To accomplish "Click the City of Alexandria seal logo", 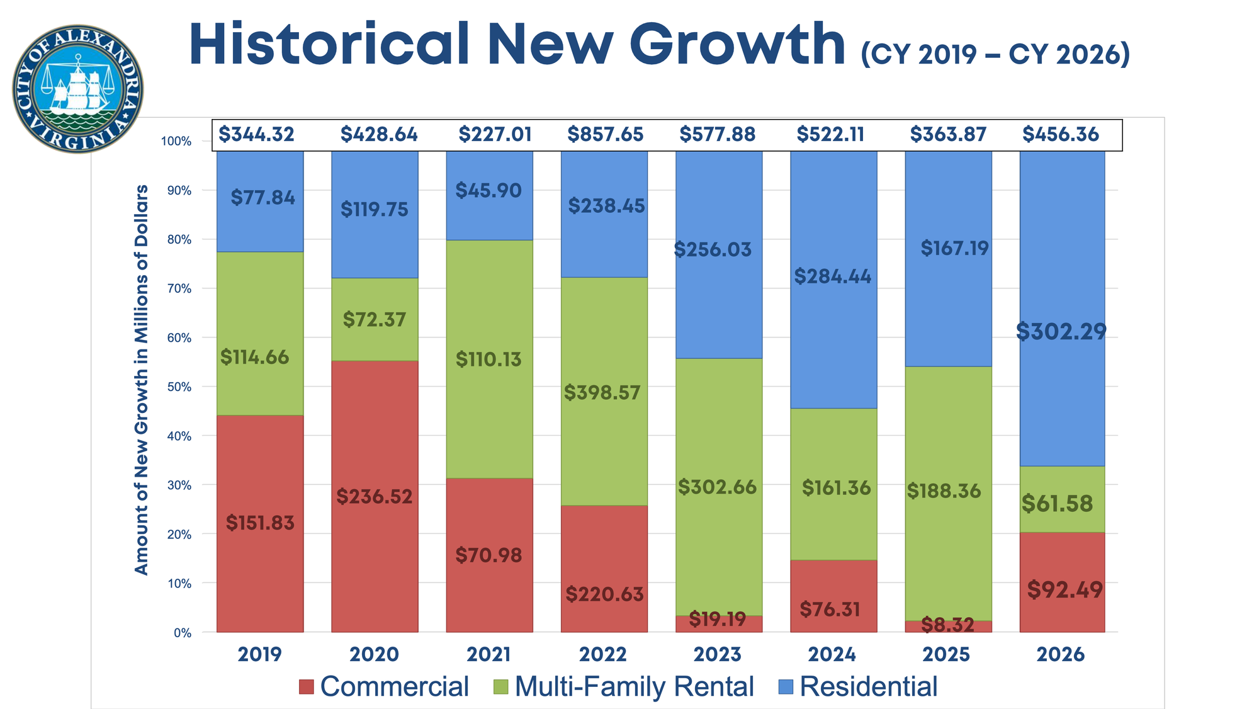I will coord(77,89).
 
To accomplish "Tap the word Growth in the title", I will coord(737,45).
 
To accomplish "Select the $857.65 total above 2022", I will coord(605,134).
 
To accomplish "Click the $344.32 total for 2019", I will coord(256,134).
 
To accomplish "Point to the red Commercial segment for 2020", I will coord(375,441).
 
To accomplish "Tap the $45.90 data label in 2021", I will coord(488,190).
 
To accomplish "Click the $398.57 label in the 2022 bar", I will coord(602,393).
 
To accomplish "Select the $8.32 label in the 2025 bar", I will coord(947,625).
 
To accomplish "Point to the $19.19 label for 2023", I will coord(717,620).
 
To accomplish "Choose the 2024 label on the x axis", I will coord(832,654).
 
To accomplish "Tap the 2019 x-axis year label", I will coord(259,654).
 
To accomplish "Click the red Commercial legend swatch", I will coord(307,687).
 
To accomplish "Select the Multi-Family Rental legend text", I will coord(634,686).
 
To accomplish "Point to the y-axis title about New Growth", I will coord(142,380).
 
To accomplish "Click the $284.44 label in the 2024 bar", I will coord(832,276).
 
